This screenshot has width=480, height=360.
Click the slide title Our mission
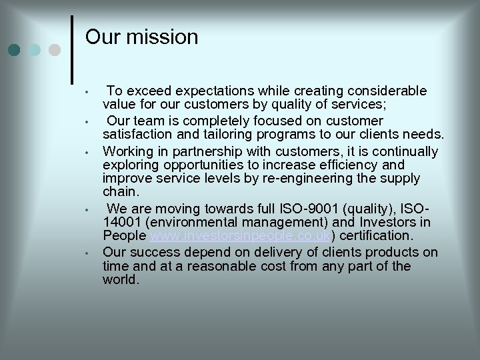point(142,37)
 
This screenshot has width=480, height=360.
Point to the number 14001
point(121,222)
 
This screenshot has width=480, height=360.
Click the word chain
point(120,192)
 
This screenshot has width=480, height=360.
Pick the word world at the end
point(120,280)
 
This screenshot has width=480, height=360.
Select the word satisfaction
point(139,135)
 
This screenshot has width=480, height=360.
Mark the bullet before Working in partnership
point(87,152)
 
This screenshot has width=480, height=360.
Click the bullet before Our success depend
point(87,253)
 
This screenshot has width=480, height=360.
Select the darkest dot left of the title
point(15,49)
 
